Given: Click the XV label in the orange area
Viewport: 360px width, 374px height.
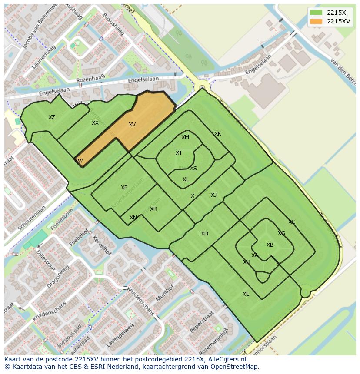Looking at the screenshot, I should coord(132,125).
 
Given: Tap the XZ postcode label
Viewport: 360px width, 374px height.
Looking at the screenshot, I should coord(52,117).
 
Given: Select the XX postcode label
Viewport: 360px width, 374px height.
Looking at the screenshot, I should coord(95,123).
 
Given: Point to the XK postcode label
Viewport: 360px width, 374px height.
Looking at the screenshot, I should coord(218,134).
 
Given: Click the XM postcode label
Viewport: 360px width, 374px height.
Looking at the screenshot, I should coord(185,137).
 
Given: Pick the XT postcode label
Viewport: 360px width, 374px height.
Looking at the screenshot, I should coord(179,153).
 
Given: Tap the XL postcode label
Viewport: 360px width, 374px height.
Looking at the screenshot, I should coord(186,179).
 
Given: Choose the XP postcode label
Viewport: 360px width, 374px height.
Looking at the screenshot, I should coord(124,188).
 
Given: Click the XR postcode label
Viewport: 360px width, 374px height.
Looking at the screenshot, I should coord(153,209).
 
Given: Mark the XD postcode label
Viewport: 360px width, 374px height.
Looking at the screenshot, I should coord(204,234).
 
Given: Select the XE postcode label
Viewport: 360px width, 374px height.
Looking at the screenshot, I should coord(246,294).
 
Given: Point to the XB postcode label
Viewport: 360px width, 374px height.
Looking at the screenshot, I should coord(270,245).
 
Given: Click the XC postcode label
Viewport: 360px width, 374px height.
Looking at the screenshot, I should coord(292,222).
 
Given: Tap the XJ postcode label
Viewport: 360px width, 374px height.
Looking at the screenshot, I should coord(213,195).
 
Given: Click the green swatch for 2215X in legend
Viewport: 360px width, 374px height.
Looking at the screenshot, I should coord(316,13).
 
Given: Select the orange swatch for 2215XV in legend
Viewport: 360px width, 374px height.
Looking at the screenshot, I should coord(316,21).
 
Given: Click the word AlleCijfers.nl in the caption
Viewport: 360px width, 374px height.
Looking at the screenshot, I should coord(226,359).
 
